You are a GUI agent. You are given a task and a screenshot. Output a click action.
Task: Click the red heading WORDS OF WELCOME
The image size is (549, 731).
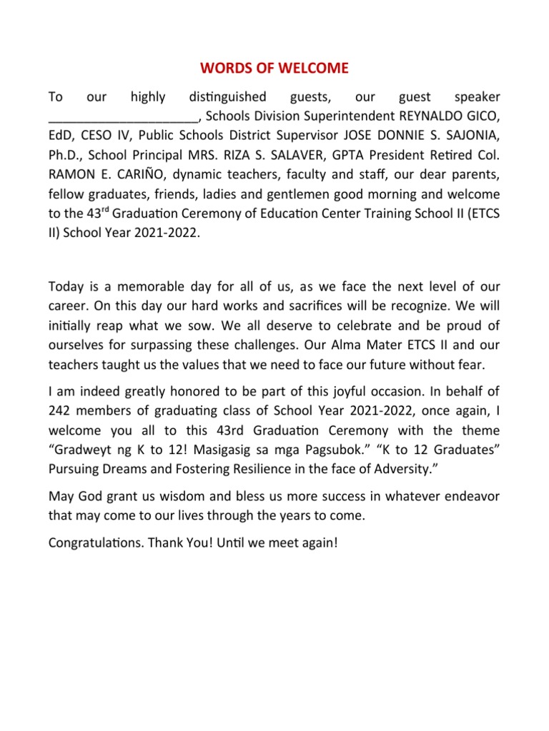point(274,69)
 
